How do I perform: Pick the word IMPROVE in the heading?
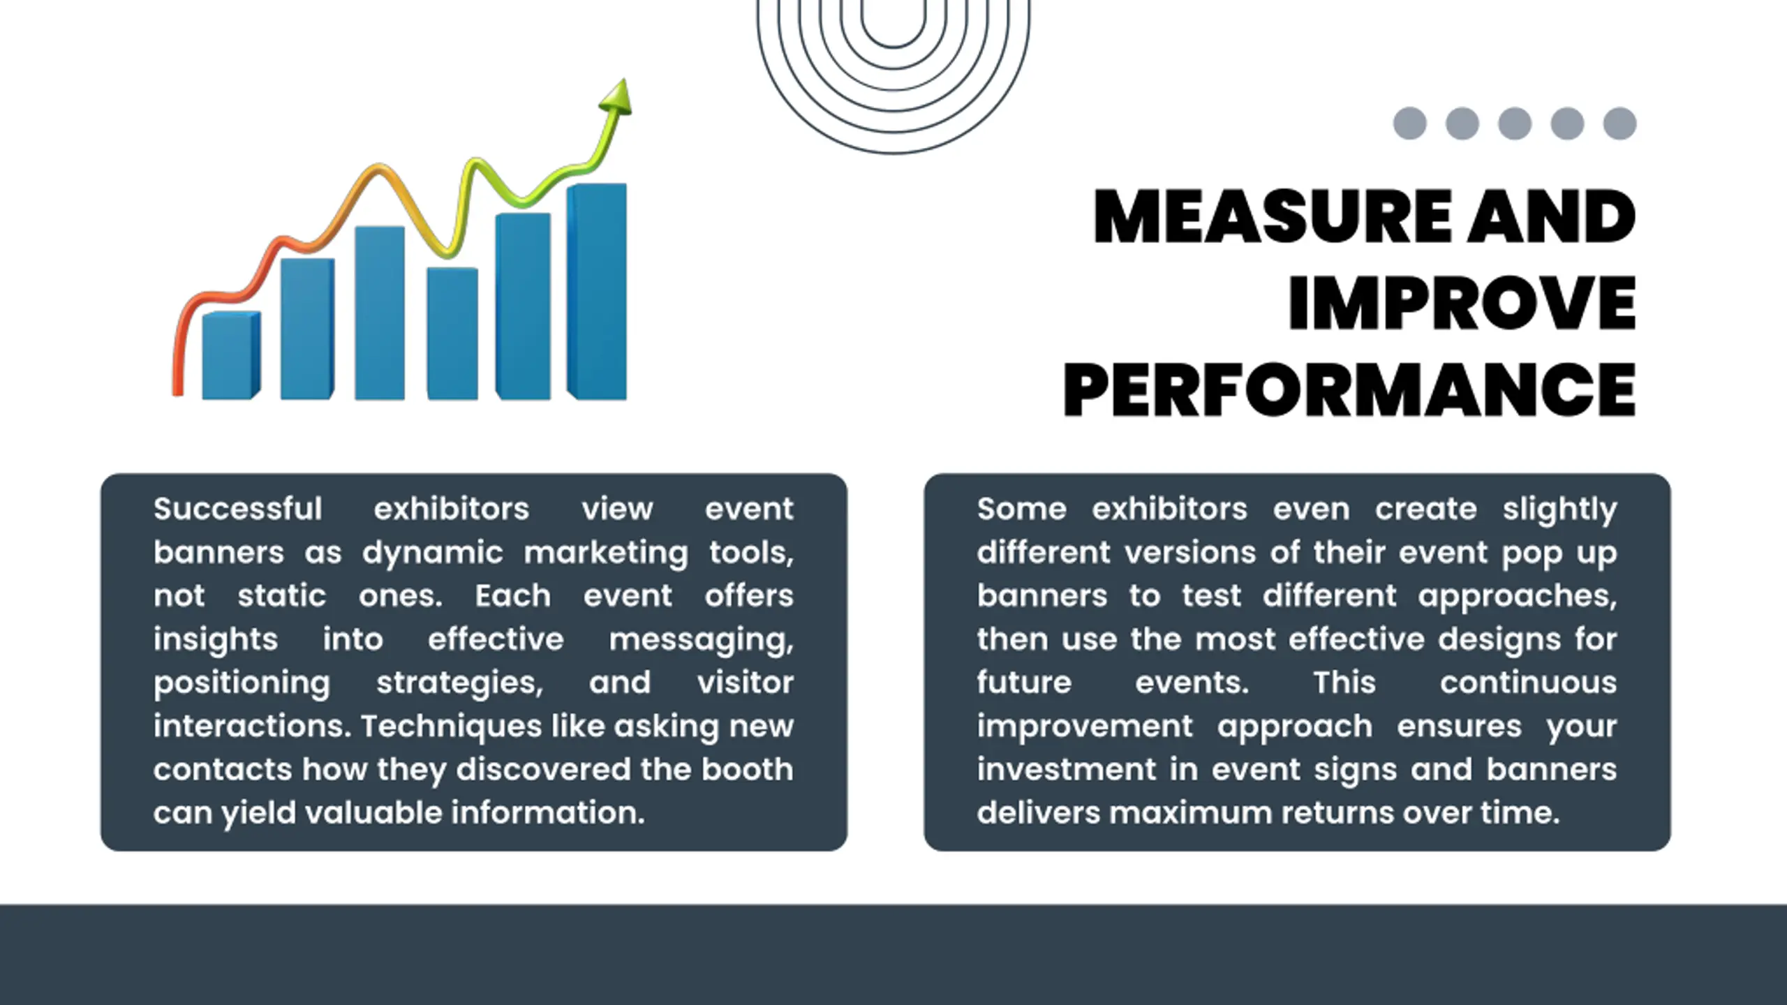[1462, 303]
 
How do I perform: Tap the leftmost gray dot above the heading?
[1409, 124]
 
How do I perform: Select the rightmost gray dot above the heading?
[1619, 124]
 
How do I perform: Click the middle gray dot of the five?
[1515, 124]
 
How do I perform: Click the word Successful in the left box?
[238, 509]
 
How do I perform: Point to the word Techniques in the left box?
[451, 727]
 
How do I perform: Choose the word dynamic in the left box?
[432, 553]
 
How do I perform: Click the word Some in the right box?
[1021, 509]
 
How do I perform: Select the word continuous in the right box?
[1528, 683]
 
